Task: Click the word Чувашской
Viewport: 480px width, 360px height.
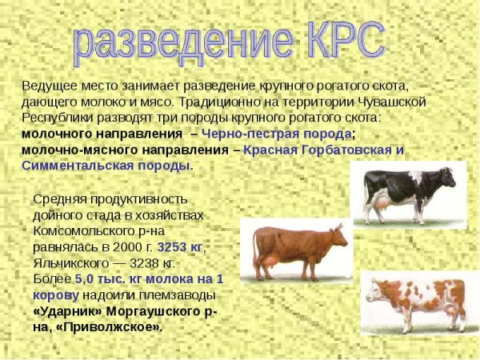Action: pyautogui.click(x=394, y=102)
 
